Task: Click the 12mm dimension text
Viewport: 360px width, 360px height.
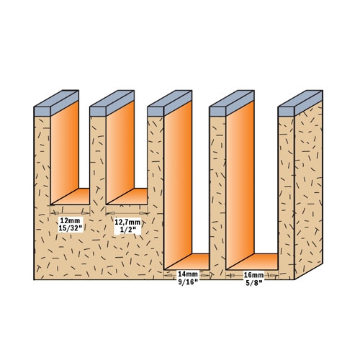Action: pyautogui.click(x=71, y=220)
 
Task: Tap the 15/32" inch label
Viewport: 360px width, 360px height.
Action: pyautogui.click(x=71, y=228)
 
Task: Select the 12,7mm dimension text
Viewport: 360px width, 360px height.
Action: pyautogui.click(x=127, y=222)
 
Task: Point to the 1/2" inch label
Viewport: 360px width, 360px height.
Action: pyautogui.click(x=127, y=230)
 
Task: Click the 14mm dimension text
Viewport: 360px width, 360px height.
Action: pyautogui.click(x=188, y=274)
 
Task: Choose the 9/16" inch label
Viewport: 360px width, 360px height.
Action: pyautogui.click(x=188, y=282)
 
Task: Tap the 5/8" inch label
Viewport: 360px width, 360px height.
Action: pyautogui.click(x=253, y=282)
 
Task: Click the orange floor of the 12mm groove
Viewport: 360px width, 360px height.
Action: pyautogui.click(x=72, y=197)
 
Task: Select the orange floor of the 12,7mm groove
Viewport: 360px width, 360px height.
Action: pyautogui.click(x=128, y=197)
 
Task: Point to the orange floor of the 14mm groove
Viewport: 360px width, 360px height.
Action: pyautogui.click(x=189, y=261)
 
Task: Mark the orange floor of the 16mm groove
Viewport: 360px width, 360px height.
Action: pyautogui.click(x=253, y=261)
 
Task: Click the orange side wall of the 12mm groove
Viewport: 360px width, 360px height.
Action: pyautogui.click(x=65, y=151)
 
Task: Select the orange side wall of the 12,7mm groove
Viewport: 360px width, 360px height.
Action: pyautogui.click(x=120, y=151)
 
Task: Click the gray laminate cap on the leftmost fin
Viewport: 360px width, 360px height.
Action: pyautogui.click(x=56, y=104)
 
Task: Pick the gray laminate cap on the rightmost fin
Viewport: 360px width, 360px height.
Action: pyautogui.click(x=300, y=104)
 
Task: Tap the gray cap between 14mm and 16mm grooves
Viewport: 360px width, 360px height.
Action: pyautogui.click(x=232, y=104)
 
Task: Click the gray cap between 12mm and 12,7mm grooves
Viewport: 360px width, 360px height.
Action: pyautogui.click(x=112, y=104)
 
